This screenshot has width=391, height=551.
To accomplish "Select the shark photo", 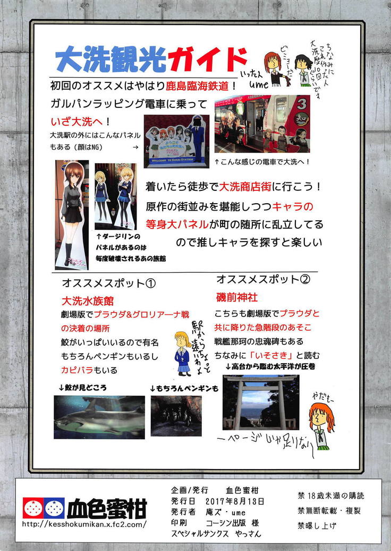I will [99, 416].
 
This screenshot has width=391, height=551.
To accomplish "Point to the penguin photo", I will [176, 416].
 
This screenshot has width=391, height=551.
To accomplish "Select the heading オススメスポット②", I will [263, 279].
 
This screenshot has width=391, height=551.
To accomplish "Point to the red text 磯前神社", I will [237, 296].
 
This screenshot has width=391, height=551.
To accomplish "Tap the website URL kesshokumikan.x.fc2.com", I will [84, 524].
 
